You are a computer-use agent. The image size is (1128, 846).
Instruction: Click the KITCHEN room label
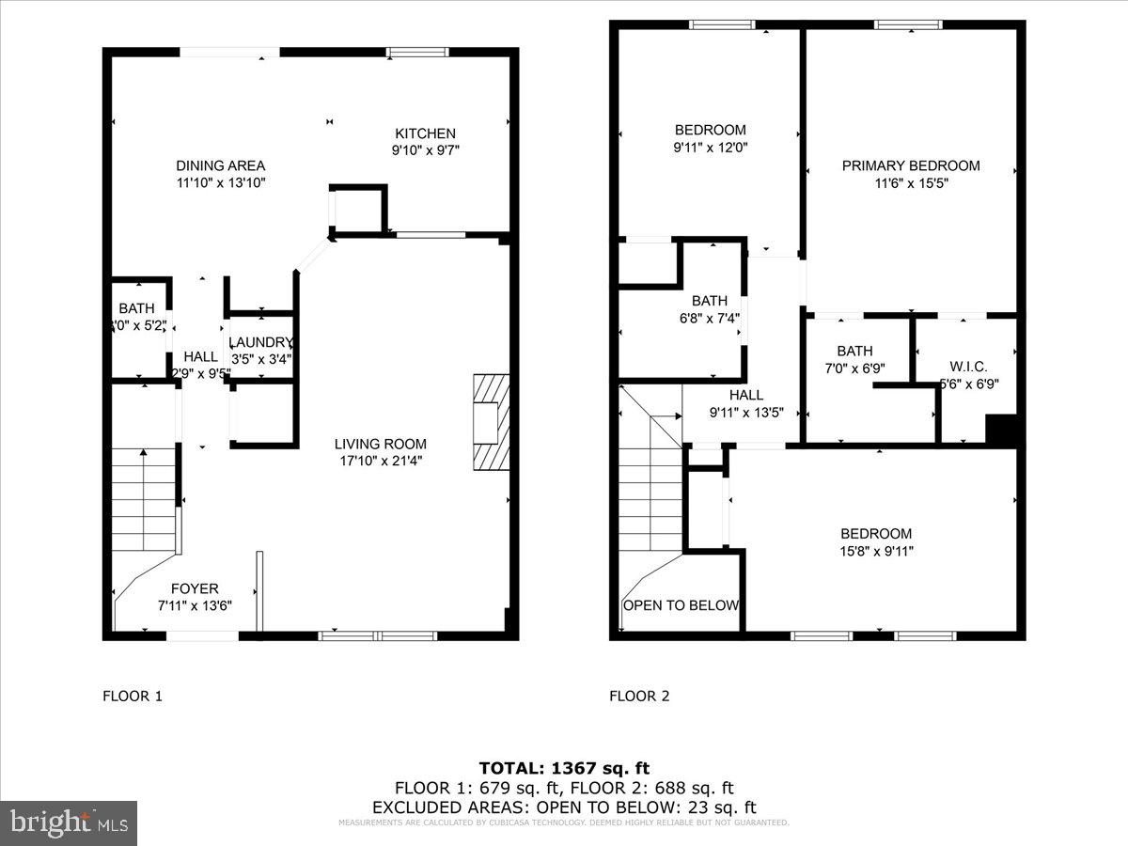[x=425, y=133]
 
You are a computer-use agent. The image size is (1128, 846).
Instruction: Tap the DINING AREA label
[x=220, y=165]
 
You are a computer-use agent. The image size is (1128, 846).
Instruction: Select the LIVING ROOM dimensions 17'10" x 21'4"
[x=381, y=461]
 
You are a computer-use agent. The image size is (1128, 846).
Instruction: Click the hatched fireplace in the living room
[x=491, y=421]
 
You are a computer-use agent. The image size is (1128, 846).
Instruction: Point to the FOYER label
[x=195, y=589]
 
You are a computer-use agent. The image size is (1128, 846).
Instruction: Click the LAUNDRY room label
[x=261, y=342]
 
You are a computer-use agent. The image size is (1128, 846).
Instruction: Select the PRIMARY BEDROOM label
[x=910, y=165]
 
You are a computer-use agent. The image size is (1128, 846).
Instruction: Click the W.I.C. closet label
[x=968, y=367]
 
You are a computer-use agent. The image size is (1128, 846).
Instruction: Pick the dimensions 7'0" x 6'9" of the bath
[x=854, y=368]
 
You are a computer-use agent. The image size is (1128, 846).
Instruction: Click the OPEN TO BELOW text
[x=681, y=605]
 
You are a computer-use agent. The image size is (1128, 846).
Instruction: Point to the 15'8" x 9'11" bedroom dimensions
[x=876, y=551]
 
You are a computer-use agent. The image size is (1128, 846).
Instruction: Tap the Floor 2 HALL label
[x=745, y=395]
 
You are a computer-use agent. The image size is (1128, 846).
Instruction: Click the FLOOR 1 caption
[x=132, y=697]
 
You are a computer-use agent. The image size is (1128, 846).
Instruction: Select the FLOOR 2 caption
[x=639, y=697]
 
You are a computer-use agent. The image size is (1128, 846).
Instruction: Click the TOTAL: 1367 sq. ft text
[x=564, y=768]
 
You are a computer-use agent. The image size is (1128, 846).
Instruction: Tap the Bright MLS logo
[x=69, y=823]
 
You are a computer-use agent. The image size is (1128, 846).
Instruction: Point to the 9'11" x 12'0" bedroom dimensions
[x=711, y=148]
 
